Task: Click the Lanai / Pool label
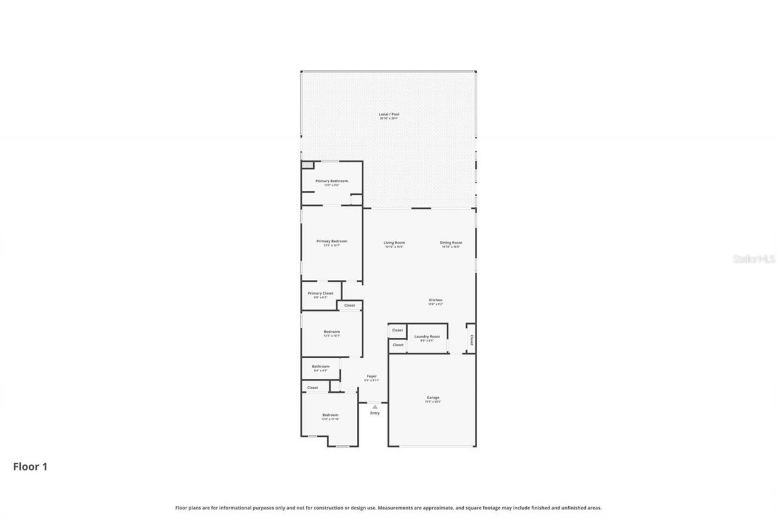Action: coord(389,114)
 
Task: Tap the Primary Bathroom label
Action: coord(331,181)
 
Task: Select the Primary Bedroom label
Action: coord(332,241)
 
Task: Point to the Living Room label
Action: coord(394,243)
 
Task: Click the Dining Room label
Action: coord(451,243)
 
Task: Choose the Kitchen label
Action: coord(435,300)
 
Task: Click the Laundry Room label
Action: coord(427,336)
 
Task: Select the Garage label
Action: coord(433,398)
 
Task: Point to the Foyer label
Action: coord(372,376)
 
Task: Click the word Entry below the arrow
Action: coord(375,413)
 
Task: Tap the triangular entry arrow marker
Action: coord(375,407)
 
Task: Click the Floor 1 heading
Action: coord(30,466)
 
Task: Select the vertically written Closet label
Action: coord(471,339)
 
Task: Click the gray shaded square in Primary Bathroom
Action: coord(307,165)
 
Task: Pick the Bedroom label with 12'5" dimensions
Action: coord(331,332)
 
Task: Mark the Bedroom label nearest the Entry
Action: coord(330,415)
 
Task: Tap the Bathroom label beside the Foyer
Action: coord(321,366)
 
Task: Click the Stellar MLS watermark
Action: coord(754,259)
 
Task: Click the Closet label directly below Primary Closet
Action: coord(350,305)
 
